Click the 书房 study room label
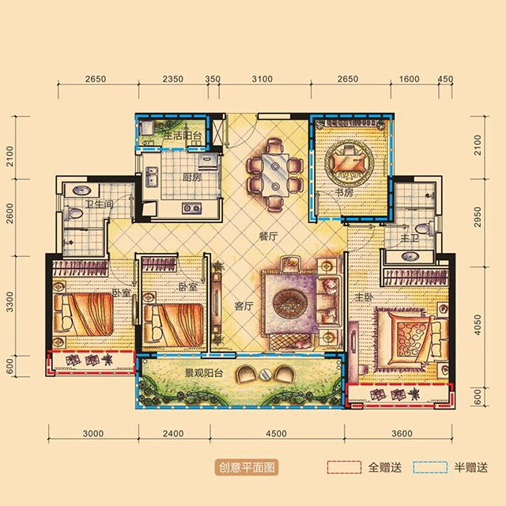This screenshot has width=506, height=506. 344,193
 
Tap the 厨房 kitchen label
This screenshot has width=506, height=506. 191,177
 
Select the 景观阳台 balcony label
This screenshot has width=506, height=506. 204,373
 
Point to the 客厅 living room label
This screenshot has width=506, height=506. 244,306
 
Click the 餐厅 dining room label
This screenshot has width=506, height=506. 268,236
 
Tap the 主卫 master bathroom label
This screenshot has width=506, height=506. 410,238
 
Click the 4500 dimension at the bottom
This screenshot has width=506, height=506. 276,433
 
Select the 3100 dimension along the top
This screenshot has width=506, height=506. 262,79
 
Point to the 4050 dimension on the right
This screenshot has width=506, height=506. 478,325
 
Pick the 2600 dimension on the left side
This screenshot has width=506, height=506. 10,213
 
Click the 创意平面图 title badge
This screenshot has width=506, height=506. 247,467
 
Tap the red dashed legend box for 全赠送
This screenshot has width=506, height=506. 344,467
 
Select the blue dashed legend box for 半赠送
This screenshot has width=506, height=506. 430,467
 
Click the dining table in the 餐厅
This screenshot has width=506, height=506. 275,175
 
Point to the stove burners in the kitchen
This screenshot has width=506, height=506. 191,209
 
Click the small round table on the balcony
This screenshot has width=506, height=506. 266,374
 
